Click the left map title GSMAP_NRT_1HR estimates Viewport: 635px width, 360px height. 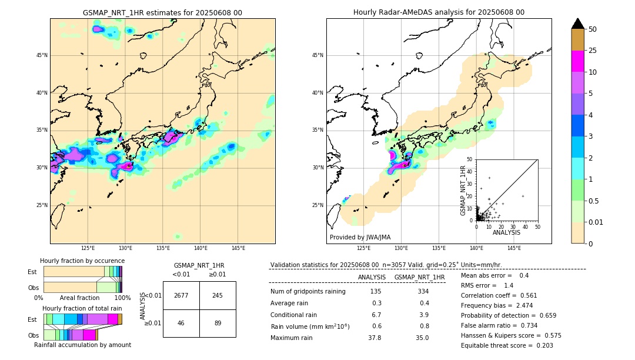point(162,12)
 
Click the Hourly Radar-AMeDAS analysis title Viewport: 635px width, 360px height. point(439,12)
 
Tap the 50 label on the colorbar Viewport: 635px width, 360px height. point(593,29)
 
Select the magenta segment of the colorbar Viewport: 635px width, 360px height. point(577,62)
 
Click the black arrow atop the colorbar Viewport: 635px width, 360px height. point(577,24)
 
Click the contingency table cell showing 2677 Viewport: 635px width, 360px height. point(181,295)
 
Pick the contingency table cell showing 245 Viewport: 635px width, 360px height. point(218,295)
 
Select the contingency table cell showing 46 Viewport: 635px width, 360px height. point(181,323)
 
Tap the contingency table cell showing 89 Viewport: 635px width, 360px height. point(218,323)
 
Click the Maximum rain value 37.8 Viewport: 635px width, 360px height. point(375,338)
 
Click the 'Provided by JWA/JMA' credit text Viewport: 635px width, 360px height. point(360,237)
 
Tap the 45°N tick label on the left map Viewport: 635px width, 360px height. point(41,55)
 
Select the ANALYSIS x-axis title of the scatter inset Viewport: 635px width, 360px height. point(506,232)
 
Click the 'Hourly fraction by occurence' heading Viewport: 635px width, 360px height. point(82,261)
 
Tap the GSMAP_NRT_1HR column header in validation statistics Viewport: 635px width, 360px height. point(419,277)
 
